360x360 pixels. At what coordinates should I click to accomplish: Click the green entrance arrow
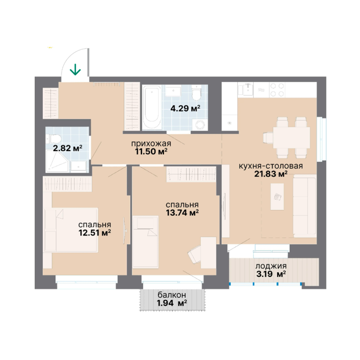[75, 69]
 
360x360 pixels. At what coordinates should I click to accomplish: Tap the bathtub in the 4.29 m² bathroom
[152, 107]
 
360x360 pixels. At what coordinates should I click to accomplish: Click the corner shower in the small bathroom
[57, 161]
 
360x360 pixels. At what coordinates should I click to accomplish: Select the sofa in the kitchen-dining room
[305, 206]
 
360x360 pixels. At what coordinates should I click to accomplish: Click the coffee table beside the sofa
[277, 196]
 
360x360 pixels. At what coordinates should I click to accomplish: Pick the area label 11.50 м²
[151, 151]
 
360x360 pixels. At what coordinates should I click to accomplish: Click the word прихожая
[151, 144]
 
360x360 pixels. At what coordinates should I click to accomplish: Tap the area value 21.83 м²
[270, 174]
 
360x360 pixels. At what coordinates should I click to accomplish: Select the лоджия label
[271, 266]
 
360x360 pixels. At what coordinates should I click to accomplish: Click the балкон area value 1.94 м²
[172, 303]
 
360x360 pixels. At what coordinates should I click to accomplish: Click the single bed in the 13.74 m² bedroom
[145, 242]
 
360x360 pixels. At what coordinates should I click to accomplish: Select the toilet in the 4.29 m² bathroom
[196, 92]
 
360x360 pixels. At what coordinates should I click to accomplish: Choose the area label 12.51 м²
[95, 233]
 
